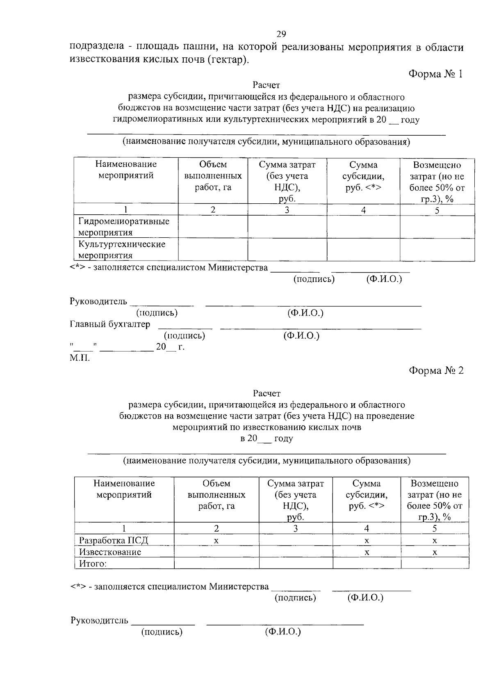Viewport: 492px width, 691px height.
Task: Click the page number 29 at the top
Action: coord(281,34)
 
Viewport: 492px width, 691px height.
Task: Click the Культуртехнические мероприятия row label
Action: coord(122,250)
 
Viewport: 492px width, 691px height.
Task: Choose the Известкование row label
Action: coord(110,552)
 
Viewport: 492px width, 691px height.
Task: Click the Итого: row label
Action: coord(93,563)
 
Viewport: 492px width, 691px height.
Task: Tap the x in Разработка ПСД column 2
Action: coord(216,541)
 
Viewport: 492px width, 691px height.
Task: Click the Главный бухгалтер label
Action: coord(110,324)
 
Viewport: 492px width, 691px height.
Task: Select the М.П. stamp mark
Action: coord(80,358)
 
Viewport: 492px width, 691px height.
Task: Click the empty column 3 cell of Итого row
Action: coord(296,563)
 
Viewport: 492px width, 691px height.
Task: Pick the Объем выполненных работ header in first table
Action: coord(213,176)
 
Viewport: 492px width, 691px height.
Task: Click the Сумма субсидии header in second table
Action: coord(367,494)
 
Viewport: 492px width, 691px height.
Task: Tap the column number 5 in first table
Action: coord(437,210)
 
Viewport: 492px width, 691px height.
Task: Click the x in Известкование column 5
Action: coord(435,552)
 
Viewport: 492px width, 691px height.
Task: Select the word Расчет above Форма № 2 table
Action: coord(266,393)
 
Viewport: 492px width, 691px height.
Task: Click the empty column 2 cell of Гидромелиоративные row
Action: coord(213,227)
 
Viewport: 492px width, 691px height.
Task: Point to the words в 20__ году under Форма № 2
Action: coord(266,438)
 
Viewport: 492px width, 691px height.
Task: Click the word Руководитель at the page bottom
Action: coord(100,620)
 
